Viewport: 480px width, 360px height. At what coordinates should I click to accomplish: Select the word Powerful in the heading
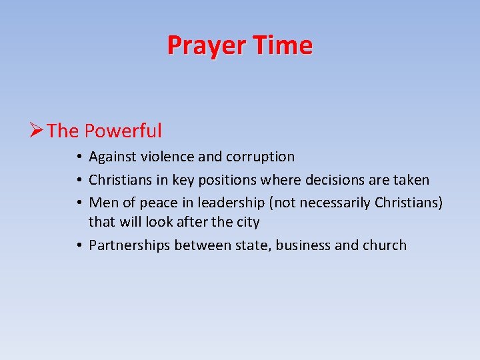pos(123,131)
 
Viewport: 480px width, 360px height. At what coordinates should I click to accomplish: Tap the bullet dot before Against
pos(79,157)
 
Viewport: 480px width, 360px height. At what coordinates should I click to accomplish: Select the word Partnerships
pos(129,245)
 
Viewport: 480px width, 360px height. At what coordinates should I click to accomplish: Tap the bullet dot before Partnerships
pos(79,245)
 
